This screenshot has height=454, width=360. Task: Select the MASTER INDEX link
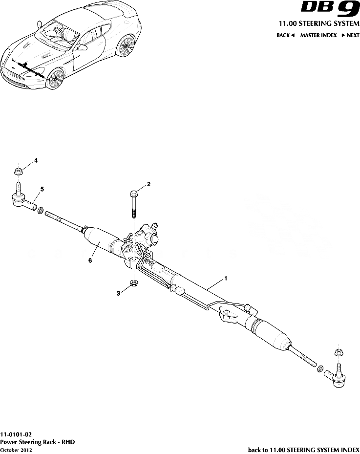tap(318, 35)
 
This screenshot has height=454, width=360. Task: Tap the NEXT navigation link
tap(350, 35)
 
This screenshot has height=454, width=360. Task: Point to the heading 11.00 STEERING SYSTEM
tap(318, 23)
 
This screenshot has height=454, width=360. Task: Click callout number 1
tap(226, 278)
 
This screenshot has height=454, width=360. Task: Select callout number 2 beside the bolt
tap(148, 184)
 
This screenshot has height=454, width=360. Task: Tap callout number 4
tap(35, 160)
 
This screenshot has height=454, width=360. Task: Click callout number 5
tap(42, 189)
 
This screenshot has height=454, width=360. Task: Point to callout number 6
tap(90, 260)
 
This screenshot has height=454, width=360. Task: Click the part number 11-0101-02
tap(17, 433)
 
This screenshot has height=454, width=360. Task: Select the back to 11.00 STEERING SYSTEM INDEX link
tap(303, 449)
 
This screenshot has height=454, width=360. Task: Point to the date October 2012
tap(17, 449)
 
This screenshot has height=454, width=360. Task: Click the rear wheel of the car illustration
tap(126, 47)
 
